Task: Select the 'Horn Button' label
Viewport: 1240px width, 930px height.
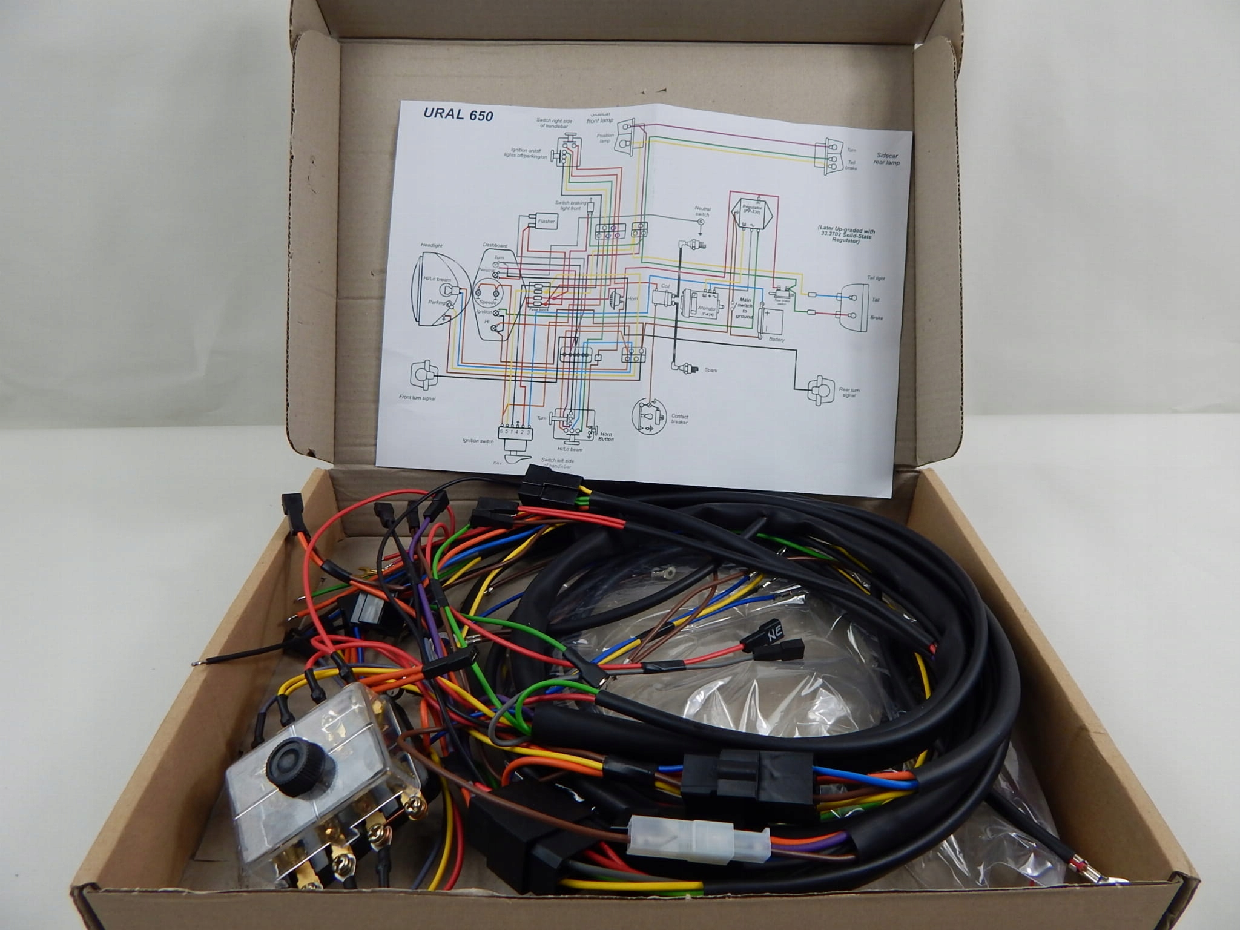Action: point(606,436)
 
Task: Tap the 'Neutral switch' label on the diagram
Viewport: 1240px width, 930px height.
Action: point(702,212)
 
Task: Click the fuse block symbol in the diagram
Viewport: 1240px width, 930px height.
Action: point(539,296)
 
